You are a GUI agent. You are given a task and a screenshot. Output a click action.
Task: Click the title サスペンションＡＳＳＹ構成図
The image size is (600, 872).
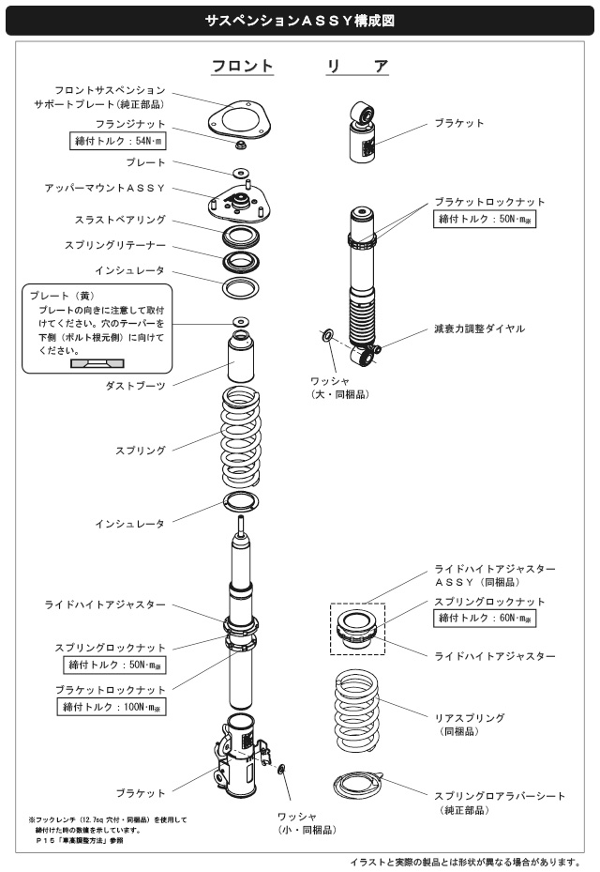(300, 19)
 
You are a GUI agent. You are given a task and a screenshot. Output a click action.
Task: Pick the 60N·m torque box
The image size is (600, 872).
(488, 619)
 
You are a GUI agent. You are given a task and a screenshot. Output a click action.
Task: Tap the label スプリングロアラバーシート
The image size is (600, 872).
(500, 795)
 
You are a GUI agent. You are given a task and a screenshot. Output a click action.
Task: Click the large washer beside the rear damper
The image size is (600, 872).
(326, 335)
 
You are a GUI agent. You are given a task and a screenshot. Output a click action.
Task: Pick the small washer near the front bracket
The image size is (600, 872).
(283, 770)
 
